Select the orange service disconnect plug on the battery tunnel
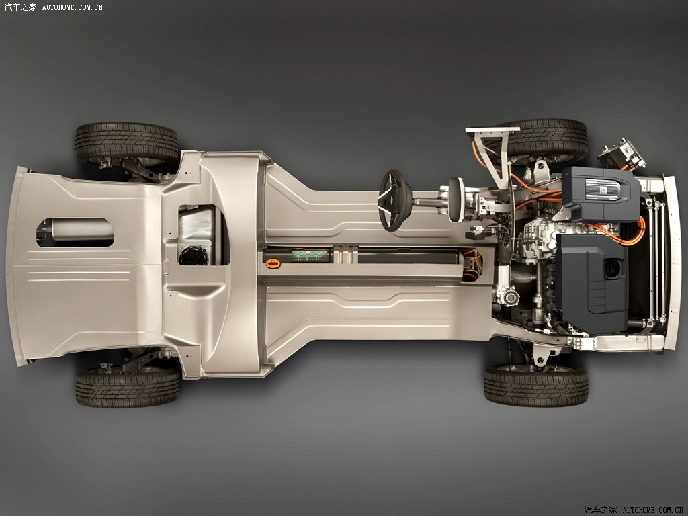(273, 263)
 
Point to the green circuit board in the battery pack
(310, 255)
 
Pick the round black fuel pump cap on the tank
(193, 256)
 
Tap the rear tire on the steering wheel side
(127, 142)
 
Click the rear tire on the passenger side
(127, 387)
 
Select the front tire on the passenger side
(535, 386)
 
